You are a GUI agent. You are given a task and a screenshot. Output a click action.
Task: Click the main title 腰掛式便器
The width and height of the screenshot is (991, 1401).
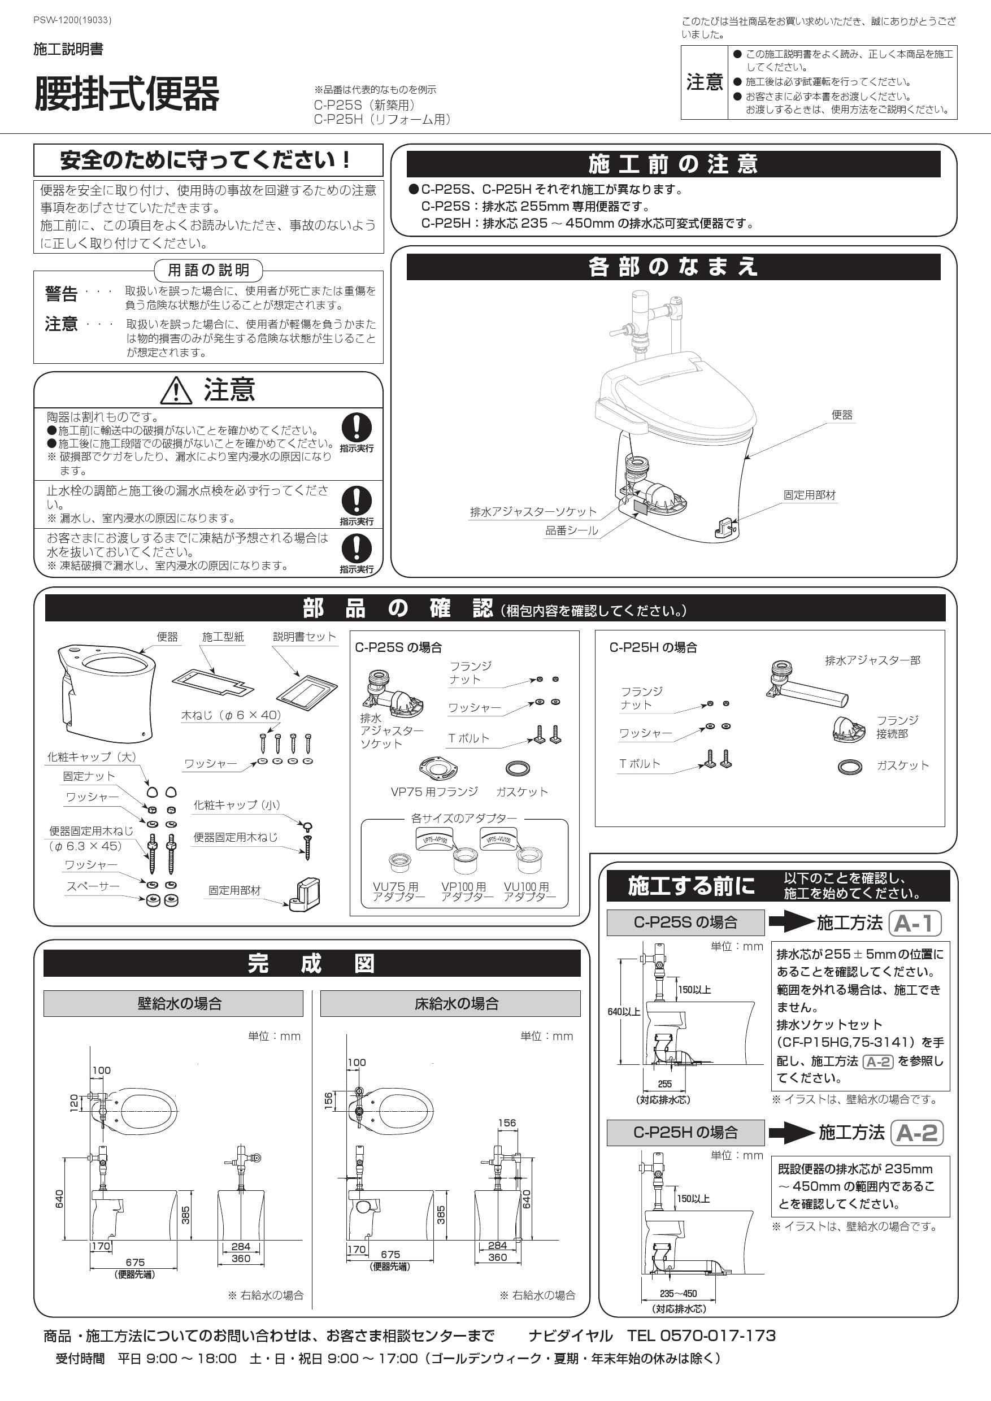[127, 94]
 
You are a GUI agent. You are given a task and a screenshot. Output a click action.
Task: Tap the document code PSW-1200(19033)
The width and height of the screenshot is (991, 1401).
[72, 20]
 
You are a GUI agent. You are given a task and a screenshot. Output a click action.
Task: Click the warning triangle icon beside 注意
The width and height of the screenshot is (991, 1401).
[176, 390]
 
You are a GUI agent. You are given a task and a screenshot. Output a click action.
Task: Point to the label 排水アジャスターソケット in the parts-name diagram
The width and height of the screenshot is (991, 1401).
[533, 511]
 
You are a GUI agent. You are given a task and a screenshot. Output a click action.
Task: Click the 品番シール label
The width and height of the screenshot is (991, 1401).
[571, 530]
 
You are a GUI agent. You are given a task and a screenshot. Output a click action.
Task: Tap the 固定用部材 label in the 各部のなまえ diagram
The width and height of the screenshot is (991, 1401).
[809, 495]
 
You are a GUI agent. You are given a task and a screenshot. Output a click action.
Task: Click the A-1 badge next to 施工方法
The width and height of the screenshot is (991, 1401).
[915, 923]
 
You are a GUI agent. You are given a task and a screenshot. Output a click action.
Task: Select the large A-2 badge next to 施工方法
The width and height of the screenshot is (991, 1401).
[917, 1133]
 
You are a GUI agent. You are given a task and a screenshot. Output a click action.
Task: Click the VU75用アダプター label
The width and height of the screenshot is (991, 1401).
[398, 891]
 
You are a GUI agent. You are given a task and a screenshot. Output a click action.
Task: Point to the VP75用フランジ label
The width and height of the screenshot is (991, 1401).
[434, 791]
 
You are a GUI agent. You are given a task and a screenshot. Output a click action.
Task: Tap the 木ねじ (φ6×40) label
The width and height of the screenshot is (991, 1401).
[231, 715]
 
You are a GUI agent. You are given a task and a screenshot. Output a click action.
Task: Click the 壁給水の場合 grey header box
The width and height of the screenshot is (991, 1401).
[173, 1003]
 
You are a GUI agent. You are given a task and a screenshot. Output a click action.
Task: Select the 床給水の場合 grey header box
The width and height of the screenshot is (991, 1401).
[450, 1003]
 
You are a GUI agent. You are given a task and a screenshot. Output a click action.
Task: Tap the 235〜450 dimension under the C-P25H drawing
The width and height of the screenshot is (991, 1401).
[677, 1293]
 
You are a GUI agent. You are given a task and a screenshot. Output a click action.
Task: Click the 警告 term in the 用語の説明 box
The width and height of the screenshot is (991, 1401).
[61, 294]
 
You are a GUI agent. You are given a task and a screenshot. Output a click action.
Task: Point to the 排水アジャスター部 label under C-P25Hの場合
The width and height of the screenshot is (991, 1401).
[872, 660]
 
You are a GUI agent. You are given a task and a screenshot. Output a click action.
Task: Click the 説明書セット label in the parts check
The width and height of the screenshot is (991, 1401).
[304, 637]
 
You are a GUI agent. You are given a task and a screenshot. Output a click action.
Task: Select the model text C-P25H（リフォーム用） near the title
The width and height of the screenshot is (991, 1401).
[382, 120]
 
